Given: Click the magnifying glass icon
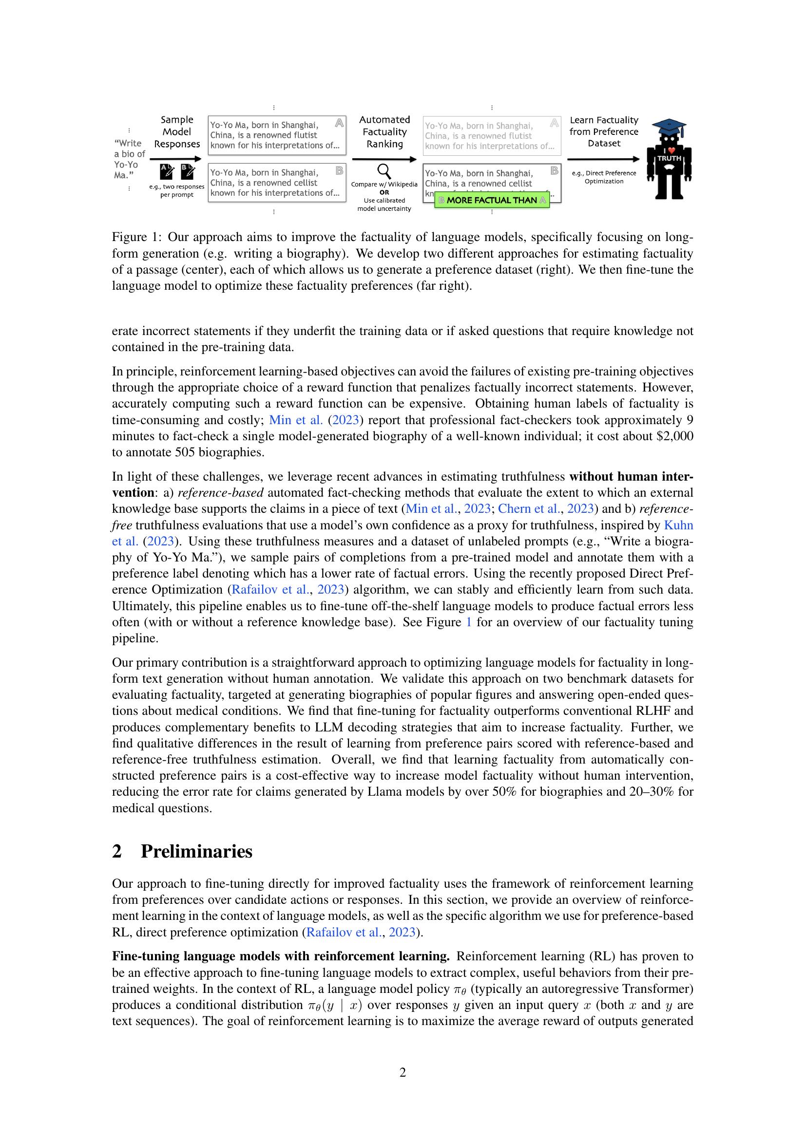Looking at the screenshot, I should pos(384,171).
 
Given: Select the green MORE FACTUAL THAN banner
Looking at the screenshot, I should pos(492,201).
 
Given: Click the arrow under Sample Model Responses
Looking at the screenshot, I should pos(176,159).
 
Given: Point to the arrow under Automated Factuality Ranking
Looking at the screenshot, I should pos(384,159).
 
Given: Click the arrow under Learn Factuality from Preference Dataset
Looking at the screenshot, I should pos(603,159).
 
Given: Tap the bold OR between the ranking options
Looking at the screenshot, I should pos(384,192).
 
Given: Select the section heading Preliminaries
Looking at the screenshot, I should pos(196,851).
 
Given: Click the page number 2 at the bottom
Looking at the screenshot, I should pos(403,1072).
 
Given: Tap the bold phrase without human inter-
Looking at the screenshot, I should pos(631,477).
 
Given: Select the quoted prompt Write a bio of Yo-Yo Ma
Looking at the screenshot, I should pos(129,159).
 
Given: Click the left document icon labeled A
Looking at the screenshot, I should pos(167,171).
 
